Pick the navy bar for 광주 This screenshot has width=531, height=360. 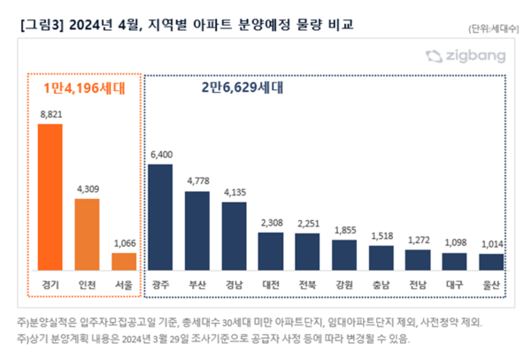[x=160, y=220]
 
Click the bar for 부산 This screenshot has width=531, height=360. [x=197, y=234]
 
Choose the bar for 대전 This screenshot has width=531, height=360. [x=271, y=255]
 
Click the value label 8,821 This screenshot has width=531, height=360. [x=50, y=114]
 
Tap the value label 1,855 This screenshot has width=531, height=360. [x=344, y=229]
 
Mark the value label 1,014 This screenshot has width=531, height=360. [x=491, y=244]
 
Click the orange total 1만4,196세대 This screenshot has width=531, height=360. [x=87, y=87]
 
